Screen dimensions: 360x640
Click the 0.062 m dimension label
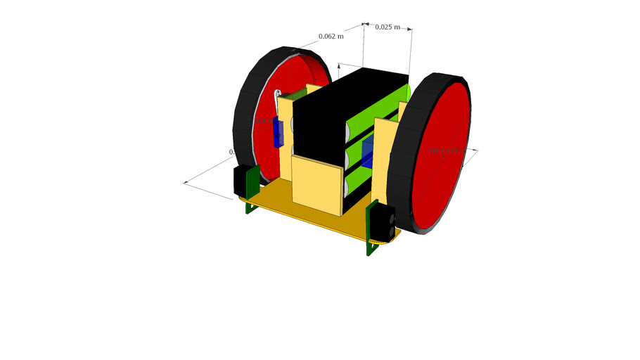tap(331, 36)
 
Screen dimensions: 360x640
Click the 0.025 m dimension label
tap(388, 27)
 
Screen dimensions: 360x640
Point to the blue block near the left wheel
tap(279, 133)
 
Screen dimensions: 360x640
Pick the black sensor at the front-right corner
tap(383, 221)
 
